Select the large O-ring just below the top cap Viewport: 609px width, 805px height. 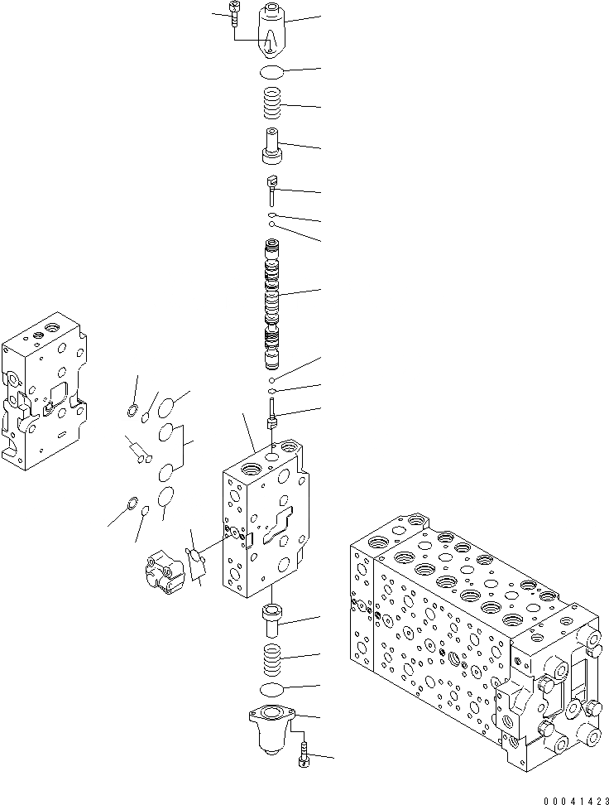(x=273, y=71)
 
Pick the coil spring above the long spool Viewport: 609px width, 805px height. (x=273, y=104)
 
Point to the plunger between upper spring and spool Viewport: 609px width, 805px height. (x=272, y=147)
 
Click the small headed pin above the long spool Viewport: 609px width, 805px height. (x=271, y=190)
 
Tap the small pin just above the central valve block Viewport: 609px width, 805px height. (x=272, y=413)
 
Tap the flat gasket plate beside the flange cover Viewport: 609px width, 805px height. (x=197, y=562)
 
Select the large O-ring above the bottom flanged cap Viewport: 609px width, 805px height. (x=273, y=690)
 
